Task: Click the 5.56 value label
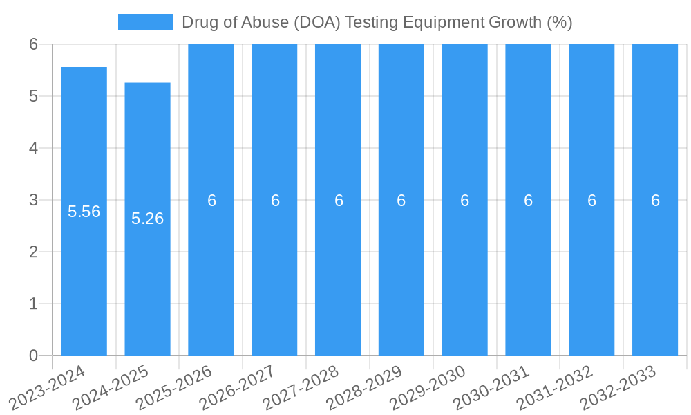(x=84, y=212)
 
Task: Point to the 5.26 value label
(x=147, y=219)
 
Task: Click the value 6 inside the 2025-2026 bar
(x=211, y=201)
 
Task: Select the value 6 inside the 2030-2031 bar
(x=528, y=201)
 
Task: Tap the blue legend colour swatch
(x=145, y=22)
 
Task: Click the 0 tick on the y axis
(x=33, y=356)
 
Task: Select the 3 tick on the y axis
(x=33, y=200)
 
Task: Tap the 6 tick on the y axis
(x=33, y=44)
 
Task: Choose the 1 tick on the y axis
(x=33, y=304)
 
